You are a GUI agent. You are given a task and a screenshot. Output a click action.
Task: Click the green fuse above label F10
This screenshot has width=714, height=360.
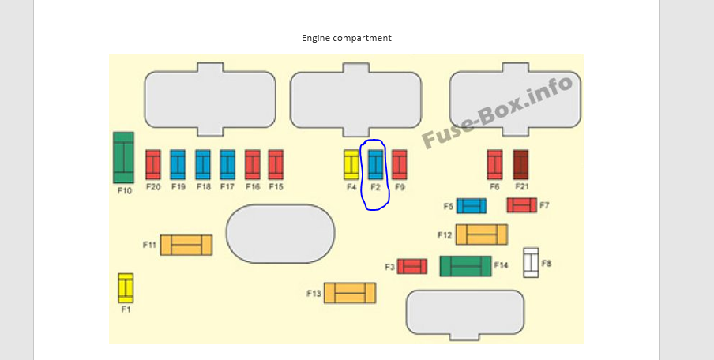tap(123, 158)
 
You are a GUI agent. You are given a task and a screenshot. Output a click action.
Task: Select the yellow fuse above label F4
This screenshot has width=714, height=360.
tap(351, 165)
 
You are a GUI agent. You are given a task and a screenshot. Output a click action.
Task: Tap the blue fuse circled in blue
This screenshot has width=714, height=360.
tap(376, 165)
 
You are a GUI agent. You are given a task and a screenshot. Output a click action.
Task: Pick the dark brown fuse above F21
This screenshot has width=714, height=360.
tap(521, 165)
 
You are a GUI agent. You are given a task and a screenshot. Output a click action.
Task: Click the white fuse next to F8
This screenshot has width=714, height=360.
tap(531, 263)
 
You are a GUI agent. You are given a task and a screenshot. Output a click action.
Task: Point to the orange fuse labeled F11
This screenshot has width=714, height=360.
tap(186, 245)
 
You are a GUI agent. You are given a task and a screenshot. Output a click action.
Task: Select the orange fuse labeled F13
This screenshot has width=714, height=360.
tap(350, 293)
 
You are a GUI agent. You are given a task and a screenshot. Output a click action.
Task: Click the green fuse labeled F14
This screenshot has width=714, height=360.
tap(465, 266)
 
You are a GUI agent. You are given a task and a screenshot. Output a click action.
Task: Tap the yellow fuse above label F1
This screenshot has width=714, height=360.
tap(126, 288)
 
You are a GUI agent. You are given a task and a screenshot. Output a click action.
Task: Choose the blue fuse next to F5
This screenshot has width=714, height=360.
tap(472, 206)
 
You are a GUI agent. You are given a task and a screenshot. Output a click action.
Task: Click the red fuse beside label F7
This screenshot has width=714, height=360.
tap(522, 204)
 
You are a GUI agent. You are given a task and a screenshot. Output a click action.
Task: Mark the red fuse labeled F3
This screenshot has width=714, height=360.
tap(412, 266)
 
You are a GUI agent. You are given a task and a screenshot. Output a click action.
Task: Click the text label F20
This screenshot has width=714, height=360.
tap(153, 186)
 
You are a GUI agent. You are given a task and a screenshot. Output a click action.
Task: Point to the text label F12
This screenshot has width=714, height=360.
tap(445, 235)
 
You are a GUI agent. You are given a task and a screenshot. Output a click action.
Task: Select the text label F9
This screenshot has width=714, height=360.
tap(400, 186)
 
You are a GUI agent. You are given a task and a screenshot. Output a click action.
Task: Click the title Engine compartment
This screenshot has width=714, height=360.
tap(347, 38)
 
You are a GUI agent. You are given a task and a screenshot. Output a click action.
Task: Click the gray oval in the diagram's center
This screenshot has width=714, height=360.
tap(280, 234)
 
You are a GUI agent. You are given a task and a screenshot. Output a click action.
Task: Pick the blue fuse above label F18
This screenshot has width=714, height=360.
tap(203, 165)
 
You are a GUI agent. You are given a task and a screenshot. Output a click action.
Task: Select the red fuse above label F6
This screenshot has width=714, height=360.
tap(495, 165)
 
